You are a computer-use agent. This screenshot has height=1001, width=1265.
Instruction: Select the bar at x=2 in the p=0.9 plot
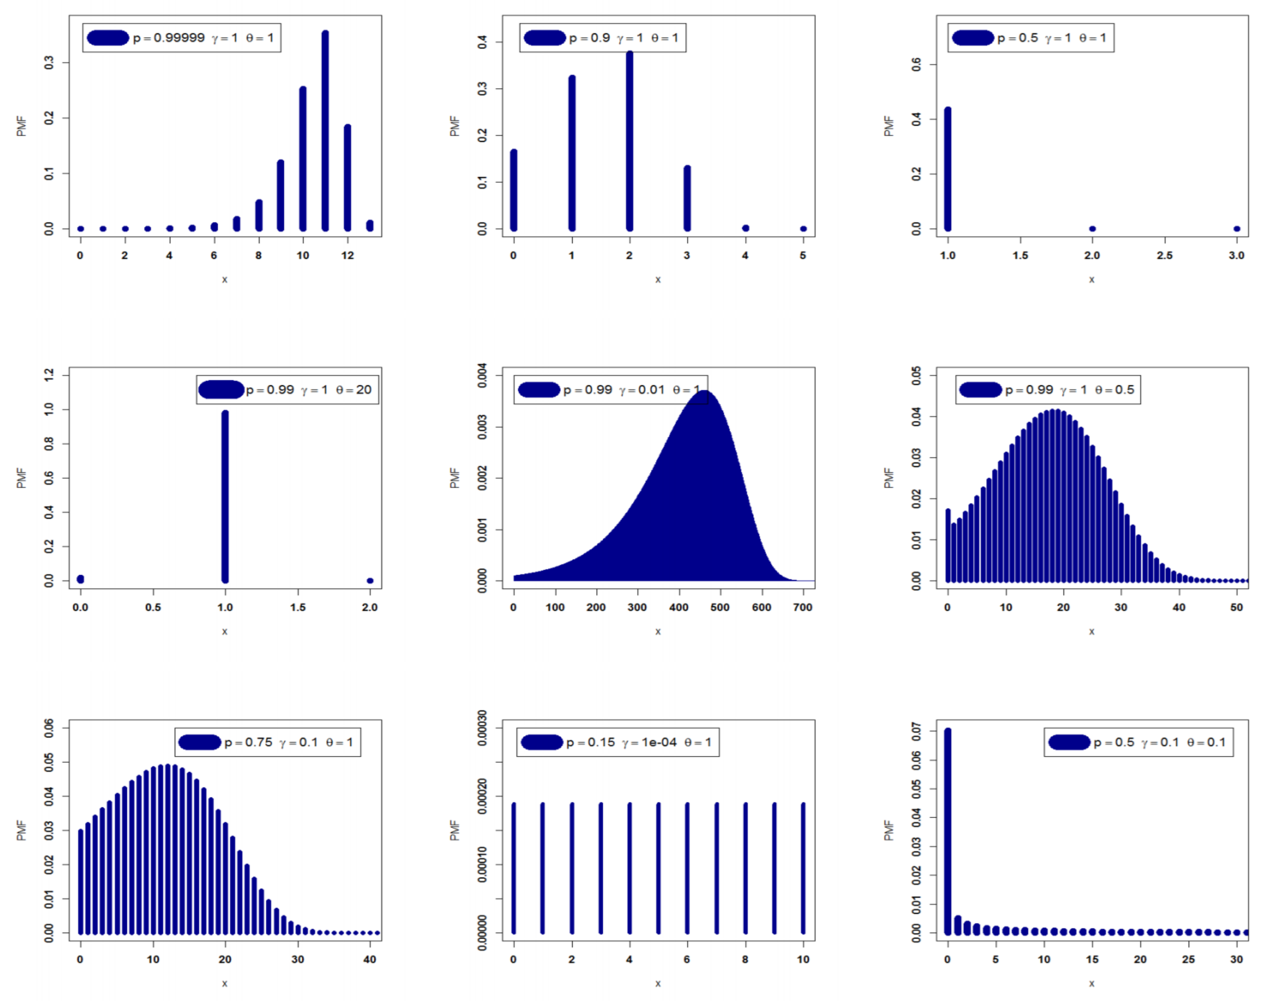(x=629, y=141)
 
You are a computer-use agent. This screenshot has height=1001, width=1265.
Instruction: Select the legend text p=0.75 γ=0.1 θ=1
(x=289, y=743)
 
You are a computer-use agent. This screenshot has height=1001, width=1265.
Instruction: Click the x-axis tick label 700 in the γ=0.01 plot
(x=802, y=607)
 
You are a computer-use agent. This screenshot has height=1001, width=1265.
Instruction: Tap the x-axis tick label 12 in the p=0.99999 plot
(x=348, y=255)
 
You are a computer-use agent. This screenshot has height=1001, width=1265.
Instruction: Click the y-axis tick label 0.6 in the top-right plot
(x=916, y=64)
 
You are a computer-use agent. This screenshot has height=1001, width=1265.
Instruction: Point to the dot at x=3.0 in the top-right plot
(x=1237, y=229)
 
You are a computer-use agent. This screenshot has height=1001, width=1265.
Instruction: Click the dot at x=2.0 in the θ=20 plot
(x=370, y=581)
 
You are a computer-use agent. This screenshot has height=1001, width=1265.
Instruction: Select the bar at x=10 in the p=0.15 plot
(x=803, y=868)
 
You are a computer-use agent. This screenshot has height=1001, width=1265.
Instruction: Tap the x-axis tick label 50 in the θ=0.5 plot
(x=1236, y=607)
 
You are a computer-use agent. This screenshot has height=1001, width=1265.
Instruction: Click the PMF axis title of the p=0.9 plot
(x=455, y=126)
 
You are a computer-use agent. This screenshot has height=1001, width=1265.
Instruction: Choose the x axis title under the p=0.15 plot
(x=658, y=983)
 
